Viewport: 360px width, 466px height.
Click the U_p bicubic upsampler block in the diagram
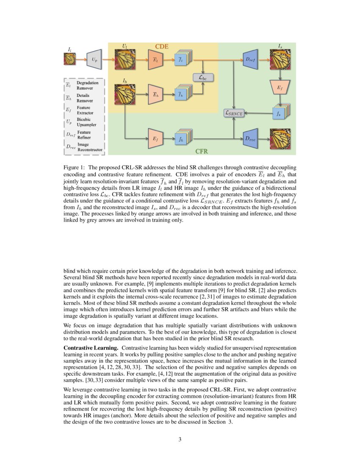coord(94,60)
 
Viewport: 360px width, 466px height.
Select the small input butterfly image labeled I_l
coord(69,59)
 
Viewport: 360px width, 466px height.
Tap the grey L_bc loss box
coord(203,78)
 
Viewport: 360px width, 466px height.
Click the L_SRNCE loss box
coord(234,113)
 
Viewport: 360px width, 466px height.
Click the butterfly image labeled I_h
coord(125,94)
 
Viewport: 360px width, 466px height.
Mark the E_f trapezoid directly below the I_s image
coord(280,87)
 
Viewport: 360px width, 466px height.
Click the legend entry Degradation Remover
coord(87,86)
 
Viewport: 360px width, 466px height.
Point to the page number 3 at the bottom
coord(180,439)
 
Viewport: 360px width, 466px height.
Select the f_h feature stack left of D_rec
coord(182,138)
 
